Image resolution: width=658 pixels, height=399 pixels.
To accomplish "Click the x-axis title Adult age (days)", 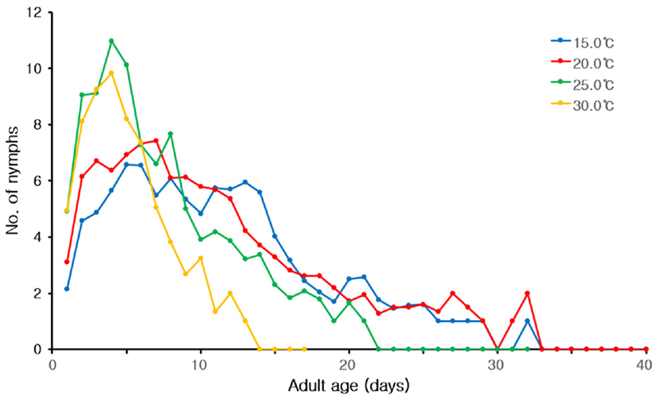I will point(349,386).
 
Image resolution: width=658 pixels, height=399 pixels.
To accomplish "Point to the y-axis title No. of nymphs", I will point(13,181).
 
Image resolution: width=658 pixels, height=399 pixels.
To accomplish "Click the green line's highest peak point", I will point(111,41).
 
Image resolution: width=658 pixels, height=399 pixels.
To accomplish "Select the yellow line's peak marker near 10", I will point(111,73).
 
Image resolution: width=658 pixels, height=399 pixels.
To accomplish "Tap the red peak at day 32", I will point(526,293).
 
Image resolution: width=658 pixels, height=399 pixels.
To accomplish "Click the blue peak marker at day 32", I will point(526,321).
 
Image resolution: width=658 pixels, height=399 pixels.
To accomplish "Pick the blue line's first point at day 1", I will point(67,289).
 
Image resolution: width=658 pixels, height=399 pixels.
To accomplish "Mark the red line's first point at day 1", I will point(67,262).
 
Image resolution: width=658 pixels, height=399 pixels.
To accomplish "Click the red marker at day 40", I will point(645,349).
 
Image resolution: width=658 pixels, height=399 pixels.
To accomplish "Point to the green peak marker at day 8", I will point(170,134).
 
